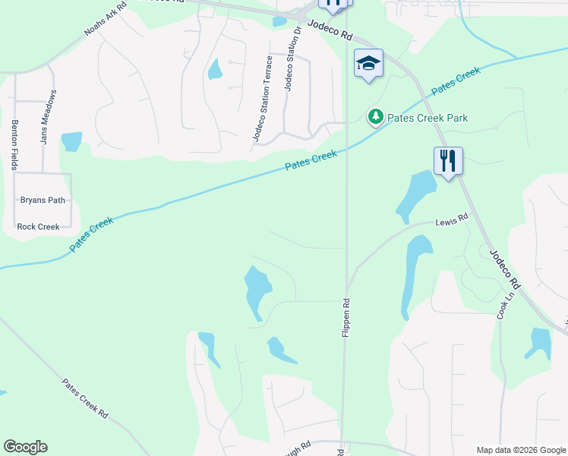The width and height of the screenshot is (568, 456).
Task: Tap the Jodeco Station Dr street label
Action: [x=292, y=61]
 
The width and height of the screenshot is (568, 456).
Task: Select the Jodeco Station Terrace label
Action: [x=262, y=98]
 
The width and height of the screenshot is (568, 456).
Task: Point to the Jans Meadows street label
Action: [x=48, y=117]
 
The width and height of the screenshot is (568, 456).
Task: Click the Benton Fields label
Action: [x=14, y=144]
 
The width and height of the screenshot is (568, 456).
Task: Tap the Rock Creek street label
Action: [x=38, y=226]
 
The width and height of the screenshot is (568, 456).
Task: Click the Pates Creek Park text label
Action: [x=427, y=118]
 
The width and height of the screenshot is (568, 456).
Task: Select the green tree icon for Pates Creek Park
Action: [x=375, y=117]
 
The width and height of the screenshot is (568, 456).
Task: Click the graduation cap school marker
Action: [x=368, y=64]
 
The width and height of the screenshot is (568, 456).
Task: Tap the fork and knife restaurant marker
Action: [x=448, y=160]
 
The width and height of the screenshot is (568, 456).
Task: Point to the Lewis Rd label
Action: [x=452, y=221]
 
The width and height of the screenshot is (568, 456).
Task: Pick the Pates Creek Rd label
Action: [x=84, y=400]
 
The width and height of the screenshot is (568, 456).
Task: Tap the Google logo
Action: [x=25, y=447]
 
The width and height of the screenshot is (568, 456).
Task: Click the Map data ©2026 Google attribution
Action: [x=521, y=450]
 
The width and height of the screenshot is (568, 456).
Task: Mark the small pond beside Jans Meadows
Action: [x=71, y=141]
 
